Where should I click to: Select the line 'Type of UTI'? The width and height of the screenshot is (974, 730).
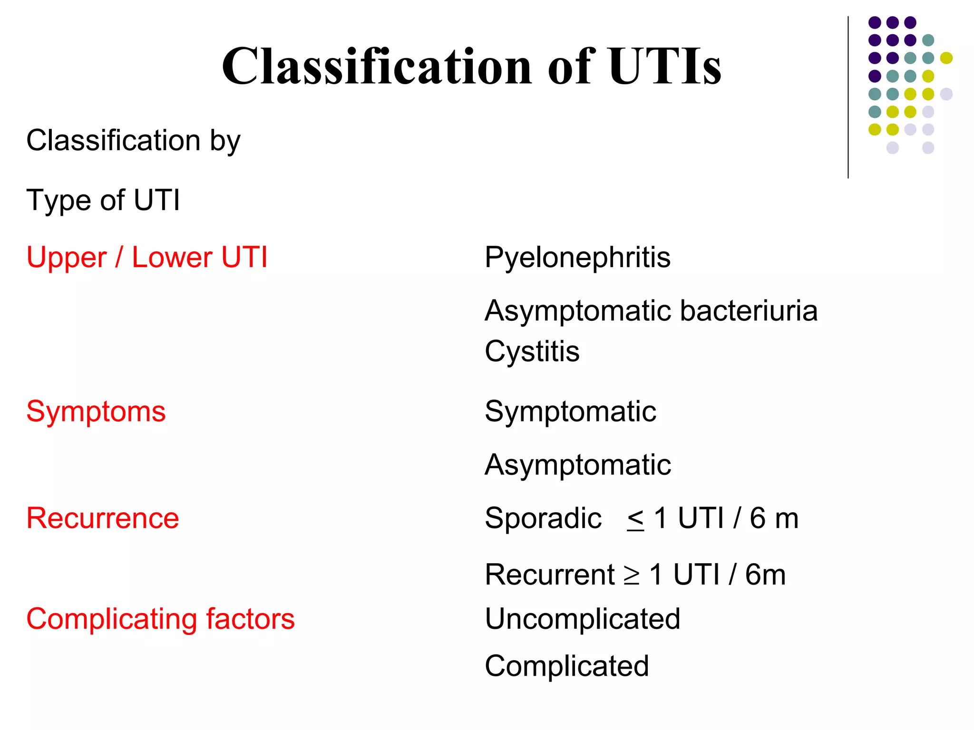pyautogui.click(x=103, y=200)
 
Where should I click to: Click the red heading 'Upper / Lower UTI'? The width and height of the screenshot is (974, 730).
pyautogui.click(x=147, y=258)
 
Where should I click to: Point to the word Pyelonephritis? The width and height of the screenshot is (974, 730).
pyautogui.click(x=577, y=258)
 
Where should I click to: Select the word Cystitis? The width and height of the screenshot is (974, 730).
pyautogui.click(x=532, y=352)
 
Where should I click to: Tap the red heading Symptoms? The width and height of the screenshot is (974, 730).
pyautogui.click(x=96, y=412)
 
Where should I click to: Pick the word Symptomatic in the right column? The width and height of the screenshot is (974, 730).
pyautogui.click(x=570, y=412)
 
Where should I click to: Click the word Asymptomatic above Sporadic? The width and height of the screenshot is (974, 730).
pyautogui.click(x=578, y=465)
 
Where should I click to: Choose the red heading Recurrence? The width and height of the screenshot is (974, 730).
pyautogui.click(x=103, y=518)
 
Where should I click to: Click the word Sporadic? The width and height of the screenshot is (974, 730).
pyautogui.click(x=543, y=518)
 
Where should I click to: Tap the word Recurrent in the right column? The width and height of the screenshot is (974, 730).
pyautogui.click(x=550, y=575)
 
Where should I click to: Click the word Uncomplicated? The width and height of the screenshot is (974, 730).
pyautogui.click(x=583, y=619)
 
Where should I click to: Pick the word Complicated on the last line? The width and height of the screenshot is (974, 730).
pyautogui.click(x=567, y=666)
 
